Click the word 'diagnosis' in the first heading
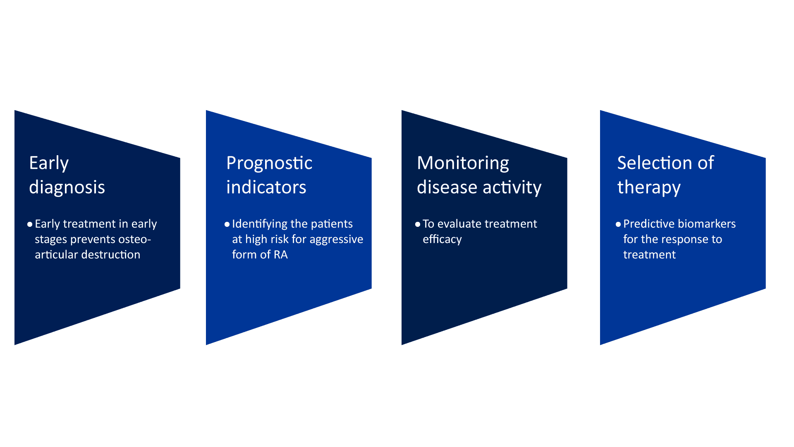[x=67, y=187]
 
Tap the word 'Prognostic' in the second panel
[x=269, y=163]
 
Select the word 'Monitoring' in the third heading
[x=463, y=163]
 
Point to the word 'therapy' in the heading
[x=649, y=187]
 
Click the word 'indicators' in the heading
[x=266, y=187]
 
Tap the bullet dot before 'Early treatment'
[x=30, y=224]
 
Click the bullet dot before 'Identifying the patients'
[x=227, y=224]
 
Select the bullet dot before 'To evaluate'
[x=418, y=224]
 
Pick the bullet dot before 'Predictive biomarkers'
[x=618, y=224]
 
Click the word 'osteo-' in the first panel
[x=135, y=239]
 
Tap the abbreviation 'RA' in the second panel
[x=281, y=255]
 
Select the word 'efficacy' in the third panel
[x=442, y=239]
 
